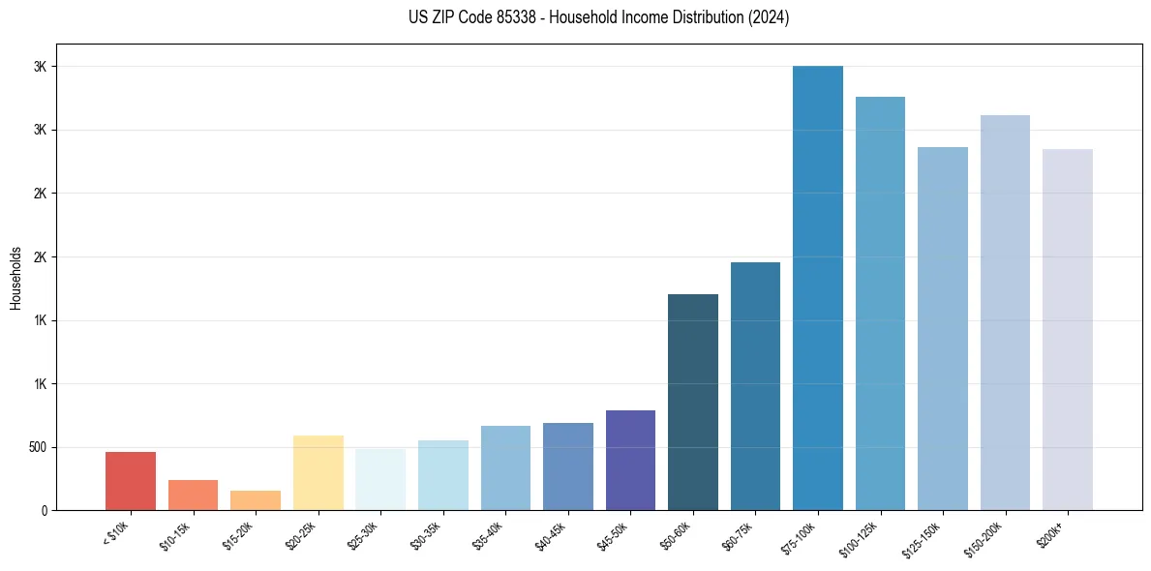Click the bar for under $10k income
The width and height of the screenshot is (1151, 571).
point(131,481)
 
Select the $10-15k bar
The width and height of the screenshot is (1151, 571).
point(193,495)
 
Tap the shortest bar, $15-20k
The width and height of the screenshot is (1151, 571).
point(256,500)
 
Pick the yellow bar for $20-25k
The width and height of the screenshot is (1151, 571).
point(318,472)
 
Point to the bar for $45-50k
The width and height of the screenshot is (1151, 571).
point(630,460)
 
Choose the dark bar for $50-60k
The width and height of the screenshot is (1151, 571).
point(693,402)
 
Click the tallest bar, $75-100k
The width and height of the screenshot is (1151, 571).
point(818,287)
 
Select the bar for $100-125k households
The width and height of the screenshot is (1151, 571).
point(880,303)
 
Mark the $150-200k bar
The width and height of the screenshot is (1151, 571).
point(1005,313)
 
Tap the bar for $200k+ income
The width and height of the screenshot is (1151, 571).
point(1068,329)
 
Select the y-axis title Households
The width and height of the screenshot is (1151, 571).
point(15,278)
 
